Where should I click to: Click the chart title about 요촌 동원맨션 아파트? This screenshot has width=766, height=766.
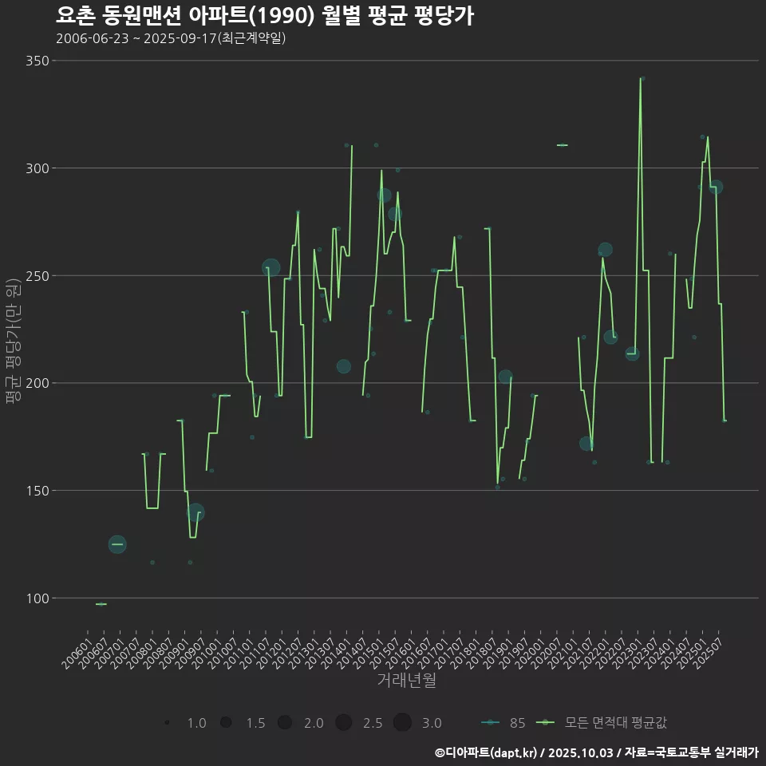tap(265, 16)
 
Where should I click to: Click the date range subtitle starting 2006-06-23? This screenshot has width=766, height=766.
tap(171, 38)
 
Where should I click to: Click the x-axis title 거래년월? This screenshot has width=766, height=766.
tap(406, 681)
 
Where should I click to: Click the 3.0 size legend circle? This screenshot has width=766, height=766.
tap(402, 723)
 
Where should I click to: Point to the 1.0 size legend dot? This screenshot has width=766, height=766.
tap(168, 723)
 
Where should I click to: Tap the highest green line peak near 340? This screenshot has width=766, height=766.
tap(641, 78)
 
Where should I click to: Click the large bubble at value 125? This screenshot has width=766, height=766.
tap(117, 544)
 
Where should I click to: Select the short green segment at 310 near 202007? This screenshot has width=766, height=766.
tap(563, 145)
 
